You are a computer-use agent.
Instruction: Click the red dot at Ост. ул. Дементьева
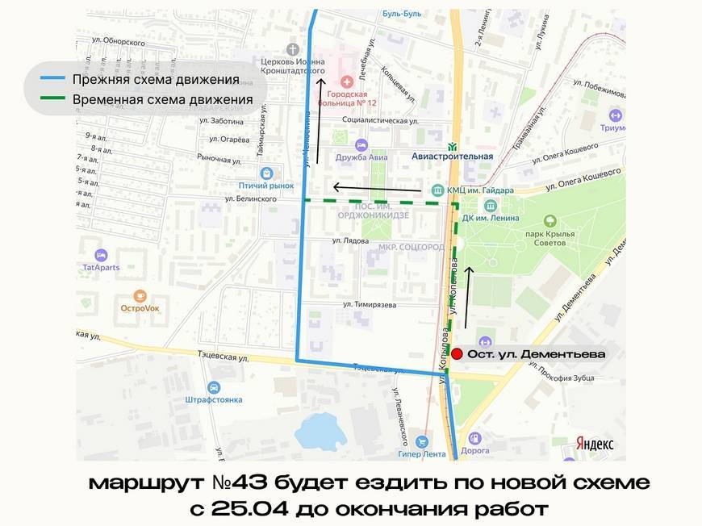457,353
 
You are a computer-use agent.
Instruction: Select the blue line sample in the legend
49,79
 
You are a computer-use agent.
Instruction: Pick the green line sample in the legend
49,100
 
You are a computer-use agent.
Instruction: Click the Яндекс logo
595,444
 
